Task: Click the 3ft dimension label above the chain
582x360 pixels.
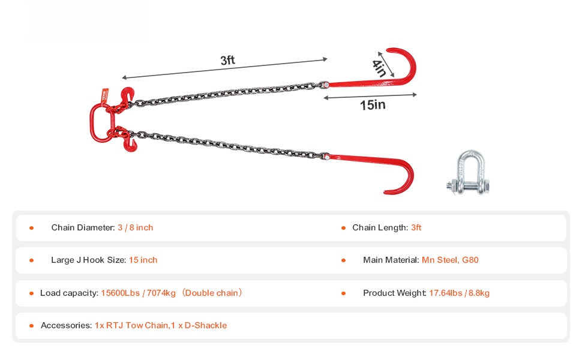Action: [227, 60]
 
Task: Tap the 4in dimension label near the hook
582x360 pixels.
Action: [379, 68]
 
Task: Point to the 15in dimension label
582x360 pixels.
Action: [373, 105]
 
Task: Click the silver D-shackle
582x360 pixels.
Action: [468, 173]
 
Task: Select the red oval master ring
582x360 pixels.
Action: [92, 123]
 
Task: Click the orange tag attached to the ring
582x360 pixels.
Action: [105, 95]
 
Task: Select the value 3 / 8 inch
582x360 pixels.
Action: [136, 227]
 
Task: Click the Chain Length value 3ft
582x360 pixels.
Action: [416, 227]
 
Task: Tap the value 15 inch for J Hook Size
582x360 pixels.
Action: [143, 260]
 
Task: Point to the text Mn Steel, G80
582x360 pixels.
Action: [450, 260]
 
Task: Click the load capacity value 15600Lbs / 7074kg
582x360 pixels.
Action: [138, 293]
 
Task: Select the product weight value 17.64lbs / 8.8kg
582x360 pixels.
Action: [459, 293]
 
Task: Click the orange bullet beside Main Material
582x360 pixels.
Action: [343, 260]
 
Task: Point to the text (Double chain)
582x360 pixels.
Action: [212, 293]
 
